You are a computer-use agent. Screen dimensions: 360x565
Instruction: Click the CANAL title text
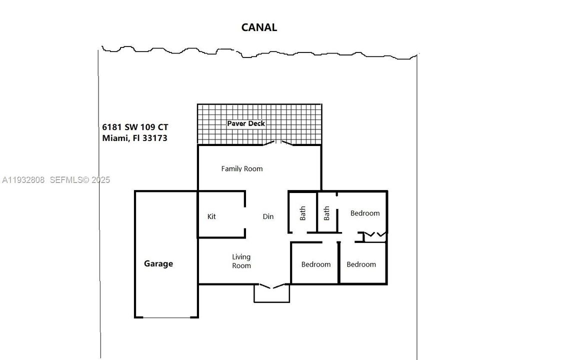tap(259, 27)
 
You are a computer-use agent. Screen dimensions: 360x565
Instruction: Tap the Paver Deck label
tap(246, 123)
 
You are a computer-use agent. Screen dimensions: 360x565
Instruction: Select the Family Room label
tap(242, 169)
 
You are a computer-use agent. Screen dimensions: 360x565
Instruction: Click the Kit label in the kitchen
tap(211, 216)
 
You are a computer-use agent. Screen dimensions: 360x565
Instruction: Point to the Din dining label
tap(268, 216)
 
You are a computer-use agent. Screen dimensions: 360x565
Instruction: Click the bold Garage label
tap(158, 263)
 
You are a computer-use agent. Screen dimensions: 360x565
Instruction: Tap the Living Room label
tap(241, 261)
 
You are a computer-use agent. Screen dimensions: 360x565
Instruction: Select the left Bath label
tap(303, 213)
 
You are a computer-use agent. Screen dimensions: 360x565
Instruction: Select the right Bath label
tap(327, 213)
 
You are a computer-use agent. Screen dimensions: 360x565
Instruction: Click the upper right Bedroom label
tap(365, 213)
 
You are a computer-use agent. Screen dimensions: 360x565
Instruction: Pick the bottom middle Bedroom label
tap(316, 264)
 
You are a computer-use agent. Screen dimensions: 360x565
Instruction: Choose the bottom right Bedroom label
tap(361, 264)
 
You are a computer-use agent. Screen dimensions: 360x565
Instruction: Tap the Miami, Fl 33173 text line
tap(134, 138)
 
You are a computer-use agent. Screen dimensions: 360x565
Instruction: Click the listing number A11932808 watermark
tap(23, 180)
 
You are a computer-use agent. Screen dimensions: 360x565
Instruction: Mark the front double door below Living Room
tap(271, 286)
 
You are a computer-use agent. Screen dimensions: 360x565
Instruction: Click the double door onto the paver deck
tap(276, 143)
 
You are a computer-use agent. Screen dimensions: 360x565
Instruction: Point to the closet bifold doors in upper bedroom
tap(374, 234)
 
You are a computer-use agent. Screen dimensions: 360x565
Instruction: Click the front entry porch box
tap(271, 295)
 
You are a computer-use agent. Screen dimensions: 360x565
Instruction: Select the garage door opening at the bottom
tap(166, 317)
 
